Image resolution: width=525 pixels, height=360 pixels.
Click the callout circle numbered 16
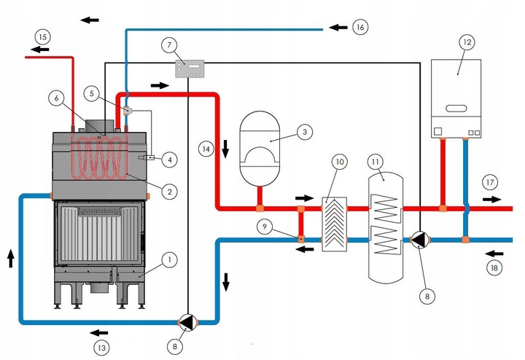[x=360, y=27]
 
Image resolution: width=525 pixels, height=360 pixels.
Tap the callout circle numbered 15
[x=43, y=37]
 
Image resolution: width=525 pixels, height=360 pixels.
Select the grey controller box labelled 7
[x=190, y=69]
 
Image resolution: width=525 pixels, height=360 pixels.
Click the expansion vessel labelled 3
[x=260, y=148]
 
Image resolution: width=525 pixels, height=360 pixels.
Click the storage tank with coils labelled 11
[x=386, y=227]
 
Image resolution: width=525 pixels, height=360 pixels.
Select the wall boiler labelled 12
[x=456, y=98]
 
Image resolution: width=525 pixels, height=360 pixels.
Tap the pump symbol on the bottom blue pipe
[x=188, y=322]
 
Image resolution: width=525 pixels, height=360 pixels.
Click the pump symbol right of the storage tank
[x=420, y=240]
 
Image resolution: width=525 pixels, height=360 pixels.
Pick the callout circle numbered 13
[x=101, y=348]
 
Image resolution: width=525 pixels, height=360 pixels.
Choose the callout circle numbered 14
[x=206, y=149]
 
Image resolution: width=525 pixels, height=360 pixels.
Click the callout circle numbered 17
[x=490, y=182]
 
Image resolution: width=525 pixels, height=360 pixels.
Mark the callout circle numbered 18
[x=494, y=267]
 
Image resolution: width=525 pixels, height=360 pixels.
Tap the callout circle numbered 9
[x=265, y=227]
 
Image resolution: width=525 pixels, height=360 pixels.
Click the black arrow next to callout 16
[x=338, y=28]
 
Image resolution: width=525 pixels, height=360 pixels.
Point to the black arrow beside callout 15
[x=40, y=50]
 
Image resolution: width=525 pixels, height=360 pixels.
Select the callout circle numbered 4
[x=170, y=160]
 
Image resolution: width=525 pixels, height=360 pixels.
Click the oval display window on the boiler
[x=456, y=109]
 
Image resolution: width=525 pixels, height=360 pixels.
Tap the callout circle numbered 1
[x=169, y=260]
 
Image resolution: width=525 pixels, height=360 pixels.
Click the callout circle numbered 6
[x=56, y=98]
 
